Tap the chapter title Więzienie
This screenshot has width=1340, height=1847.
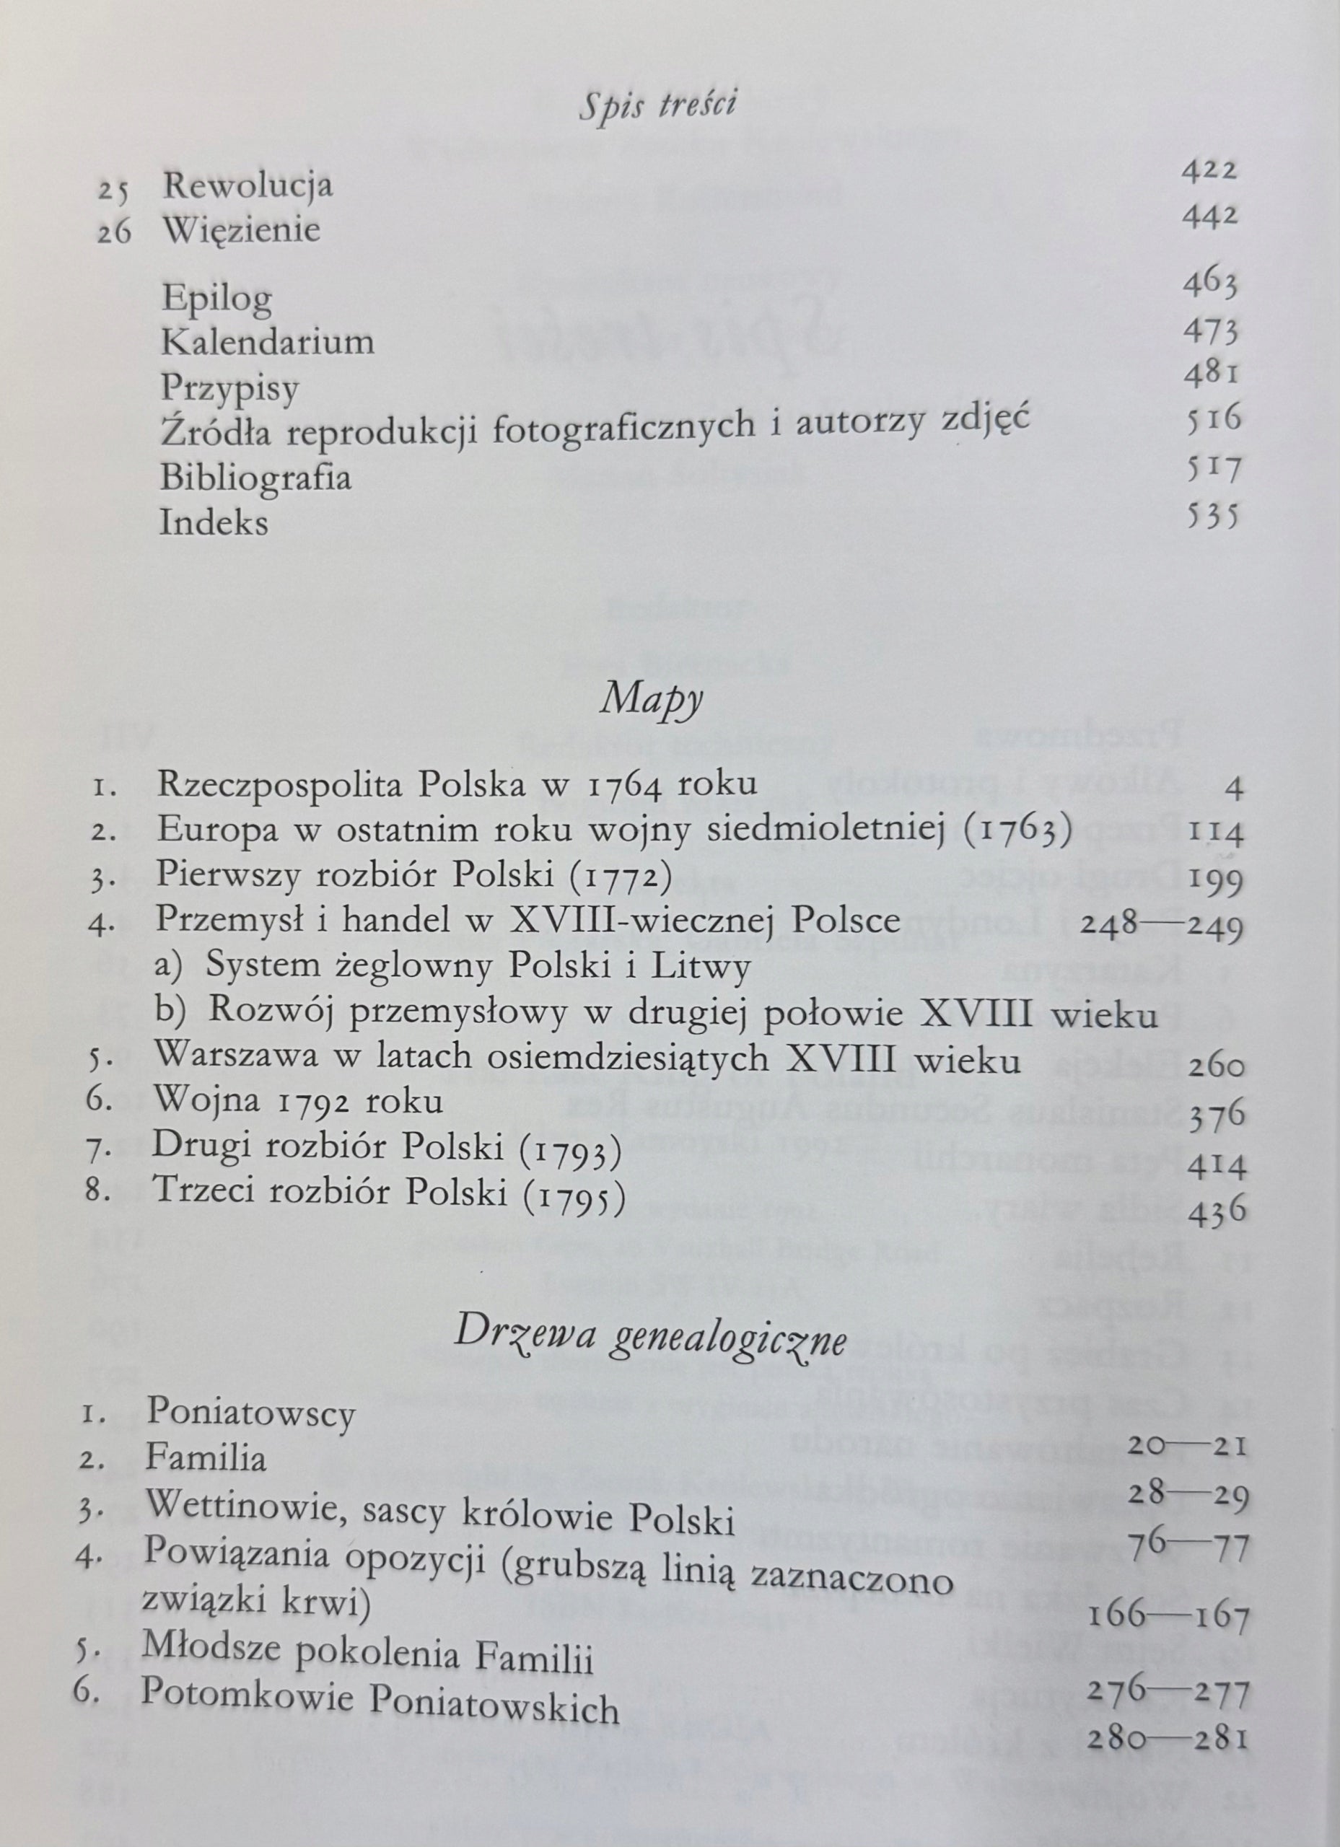242,230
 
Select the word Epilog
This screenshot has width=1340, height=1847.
216,298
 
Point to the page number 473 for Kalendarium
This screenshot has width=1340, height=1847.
1211,333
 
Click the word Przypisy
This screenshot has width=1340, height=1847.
230,387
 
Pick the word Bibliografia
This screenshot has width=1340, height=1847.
255,475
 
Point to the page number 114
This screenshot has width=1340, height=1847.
1216,834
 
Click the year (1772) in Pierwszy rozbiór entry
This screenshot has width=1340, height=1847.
621,877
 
